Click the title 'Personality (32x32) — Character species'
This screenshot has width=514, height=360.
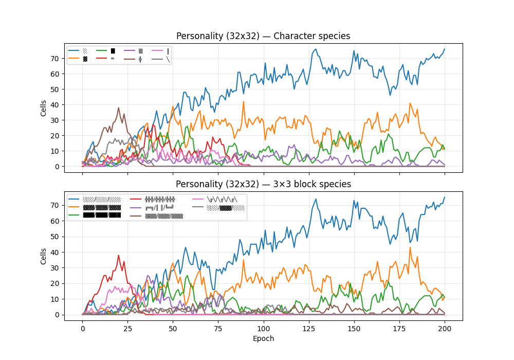pos(263,36)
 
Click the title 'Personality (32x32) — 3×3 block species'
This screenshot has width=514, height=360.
pos(263,184)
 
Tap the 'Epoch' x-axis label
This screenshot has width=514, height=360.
pos(263,338)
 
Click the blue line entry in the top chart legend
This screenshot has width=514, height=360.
pos(78,51)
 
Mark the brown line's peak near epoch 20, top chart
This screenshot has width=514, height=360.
pos(119,108)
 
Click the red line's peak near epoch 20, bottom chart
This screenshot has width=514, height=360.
pos(119,255)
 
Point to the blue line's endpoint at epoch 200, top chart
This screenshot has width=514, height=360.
pos(445,49)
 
